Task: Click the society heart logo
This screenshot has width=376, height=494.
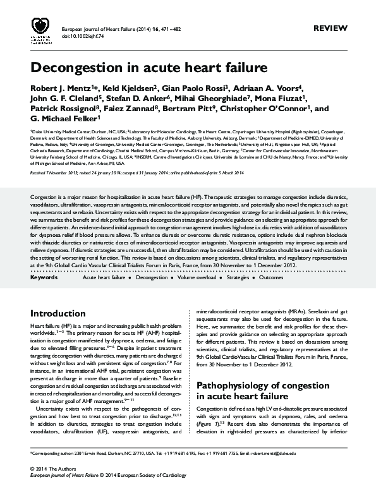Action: coord(40,27)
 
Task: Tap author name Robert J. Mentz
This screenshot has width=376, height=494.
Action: coord(58,87)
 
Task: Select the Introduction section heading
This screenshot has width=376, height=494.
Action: coord(58,313)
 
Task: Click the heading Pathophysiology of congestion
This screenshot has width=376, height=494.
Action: coord(255,385)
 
